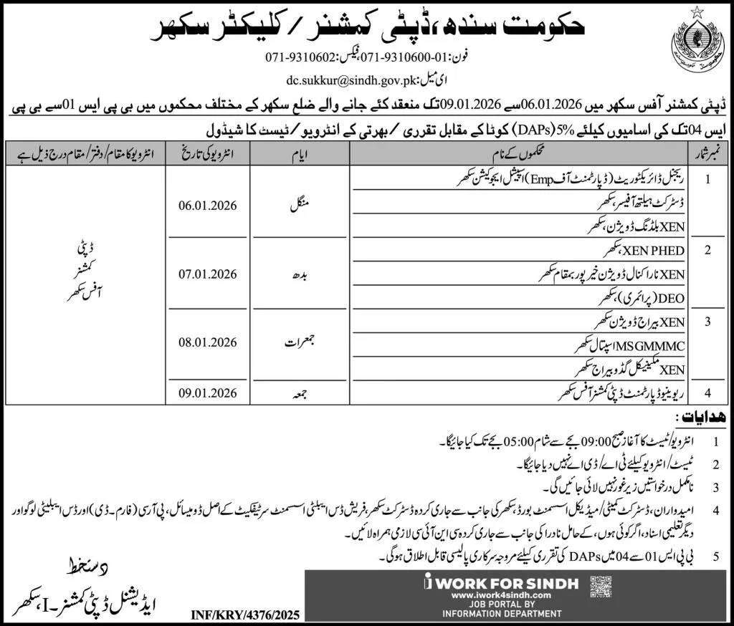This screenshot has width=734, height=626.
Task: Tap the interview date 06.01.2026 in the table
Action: tap(208, 206)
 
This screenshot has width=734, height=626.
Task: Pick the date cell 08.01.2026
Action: tap(208, 342)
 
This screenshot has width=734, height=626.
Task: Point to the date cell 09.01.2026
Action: tap(208, 392)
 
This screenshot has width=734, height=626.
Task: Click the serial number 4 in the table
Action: tap(708, 393)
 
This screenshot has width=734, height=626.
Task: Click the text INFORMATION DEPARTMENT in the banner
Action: tap(501, 612)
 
